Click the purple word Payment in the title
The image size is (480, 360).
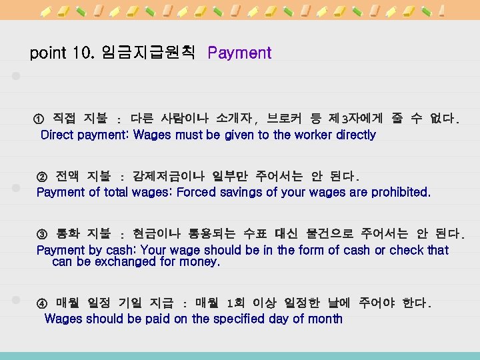tap(239, 53)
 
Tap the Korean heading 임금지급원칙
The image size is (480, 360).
tap(148, 53)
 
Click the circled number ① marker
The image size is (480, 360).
tap(39, 119)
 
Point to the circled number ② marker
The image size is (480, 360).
tap(42, 177)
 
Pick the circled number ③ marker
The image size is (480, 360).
tap(42, 235)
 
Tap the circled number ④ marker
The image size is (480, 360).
tap(42, 303)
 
